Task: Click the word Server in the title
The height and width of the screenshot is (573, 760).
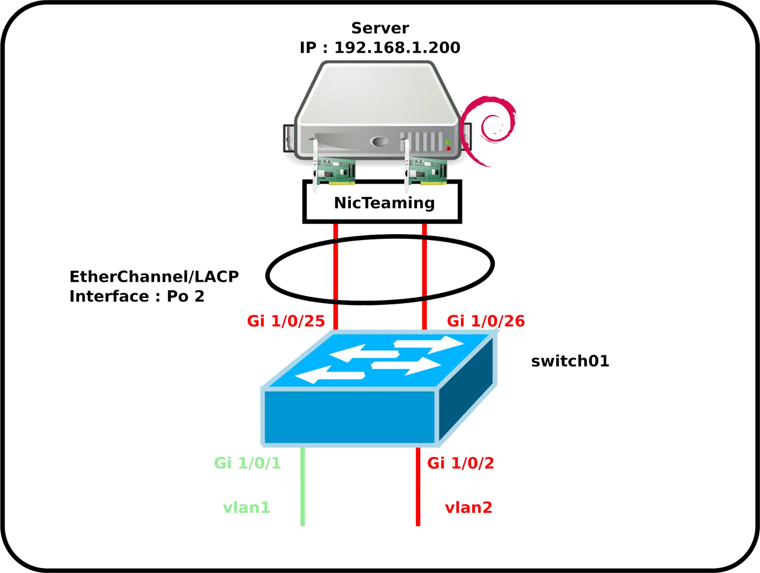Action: [x=380, y=28]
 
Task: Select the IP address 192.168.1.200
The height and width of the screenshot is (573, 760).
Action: [x=397, y=47]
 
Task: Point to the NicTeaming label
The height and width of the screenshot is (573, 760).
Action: [x=384, y=203]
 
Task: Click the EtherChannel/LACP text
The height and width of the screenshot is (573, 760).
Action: [x=154, y=276]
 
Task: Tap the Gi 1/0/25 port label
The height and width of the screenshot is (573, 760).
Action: [x=286, y=321]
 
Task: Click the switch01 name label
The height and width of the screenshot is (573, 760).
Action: [x=570, y=361]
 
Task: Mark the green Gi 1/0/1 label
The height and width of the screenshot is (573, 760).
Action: [x=247, y=463]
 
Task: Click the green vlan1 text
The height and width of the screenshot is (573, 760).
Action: [x=246, y=508]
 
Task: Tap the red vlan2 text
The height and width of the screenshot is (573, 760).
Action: [x=468, y=508]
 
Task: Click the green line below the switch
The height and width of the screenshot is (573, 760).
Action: [x=303, y=487]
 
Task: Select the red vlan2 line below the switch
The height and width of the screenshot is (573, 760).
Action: [x=418, y=487]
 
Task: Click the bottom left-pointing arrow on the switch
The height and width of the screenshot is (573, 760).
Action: [x=330, y=376]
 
